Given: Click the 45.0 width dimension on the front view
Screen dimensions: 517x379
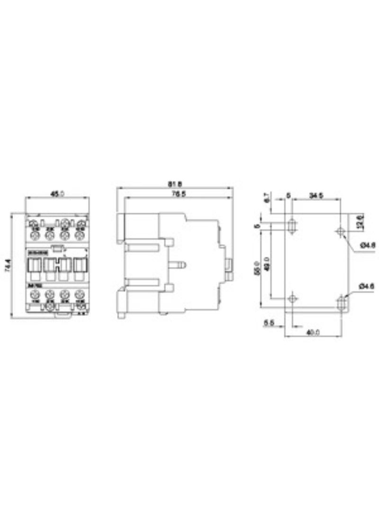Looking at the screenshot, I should tap(57, 193).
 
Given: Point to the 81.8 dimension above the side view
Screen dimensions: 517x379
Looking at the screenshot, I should tap(175, 183).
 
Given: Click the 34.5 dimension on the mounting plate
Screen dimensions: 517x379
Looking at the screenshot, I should tap(316, 195).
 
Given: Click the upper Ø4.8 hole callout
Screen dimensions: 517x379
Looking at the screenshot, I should tap(368, 245).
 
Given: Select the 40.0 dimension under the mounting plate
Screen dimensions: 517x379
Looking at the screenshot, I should tap(312, 333).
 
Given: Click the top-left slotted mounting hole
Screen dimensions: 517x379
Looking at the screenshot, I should tap(293, 225).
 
